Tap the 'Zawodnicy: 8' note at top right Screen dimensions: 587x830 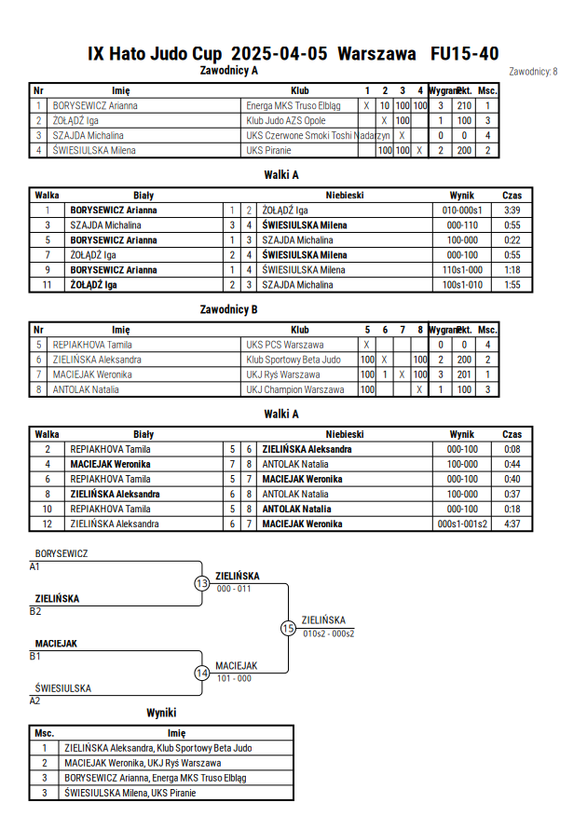[533, 72]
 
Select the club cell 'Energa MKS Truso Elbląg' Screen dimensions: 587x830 [293, 106]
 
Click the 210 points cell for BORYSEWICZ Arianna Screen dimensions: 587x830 [464, 106]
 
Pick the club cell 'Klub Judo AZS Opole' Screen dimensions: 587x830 [286, 121]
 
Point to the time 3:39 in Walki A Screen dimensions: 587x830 [512, 211]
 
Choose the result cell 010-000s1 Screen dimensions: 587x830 [462, 211]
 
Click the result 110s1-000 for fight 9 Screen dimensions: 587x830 [462, 270]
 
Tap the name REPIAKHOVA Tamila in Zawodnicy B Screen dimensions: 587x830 [92, 345]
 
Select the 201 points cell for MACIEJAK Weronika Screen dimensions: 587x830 [464, 374]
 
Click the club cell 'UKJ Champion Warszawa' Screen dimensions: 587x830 [294, 389]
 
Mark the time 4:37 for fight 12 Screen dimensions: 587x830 [512, 524]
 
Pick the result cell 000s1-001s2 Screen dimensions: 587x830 [462, 524]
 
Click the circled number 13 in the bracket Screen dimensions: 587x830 [202, 583]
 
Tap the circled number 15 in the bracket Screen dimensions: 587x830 [288, 629]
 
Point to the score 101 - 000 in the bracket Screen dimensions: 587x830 [234, 678]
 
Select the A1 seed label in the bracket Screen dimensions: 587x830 [34, 567]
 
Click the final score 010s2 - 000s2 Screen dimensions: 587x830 [329, 633]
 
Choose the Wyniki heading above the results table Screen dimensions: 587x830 [161, 713]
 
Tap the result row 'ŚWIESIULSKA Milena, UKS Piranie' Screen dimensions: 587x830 [130, 793]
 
